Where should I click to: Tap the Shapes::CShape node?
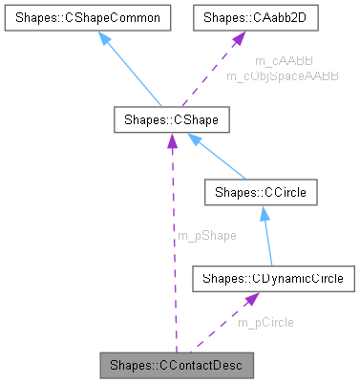[x=171, y=121]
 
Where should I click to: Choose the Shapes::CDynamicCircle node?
[x=274, y=279]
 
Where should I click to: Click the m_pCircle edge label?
[x=266, y=322]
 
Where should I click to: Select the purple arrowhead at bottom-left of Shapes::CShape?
[x=172, y=141]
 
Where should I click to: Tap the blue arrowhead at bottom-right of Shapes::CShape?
[x=195, y=139]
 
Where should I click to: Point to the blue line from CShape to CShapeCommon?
[x=138, y=72]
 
